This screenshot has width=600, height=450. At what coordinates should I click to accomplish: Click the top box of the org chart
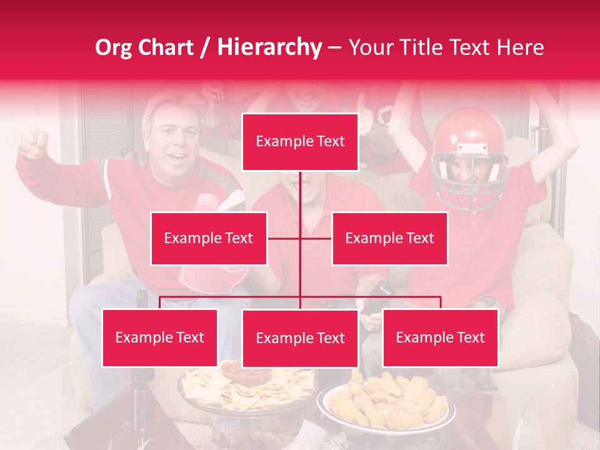point(300,142)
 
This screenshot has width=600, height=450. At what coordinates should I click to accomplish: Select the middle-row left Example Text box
point(209,238)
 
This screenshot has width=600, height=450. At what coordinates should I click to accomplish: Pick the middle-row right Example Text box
point(389,238)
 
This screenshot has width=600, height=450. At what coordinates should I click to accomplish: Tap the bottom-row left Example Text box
point(160,337)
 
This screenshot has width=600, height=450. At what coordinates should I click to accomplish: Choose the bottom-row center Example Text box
point(300,338)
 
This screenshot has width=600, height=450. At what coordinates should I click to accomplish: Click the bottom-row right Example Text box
point(440,337)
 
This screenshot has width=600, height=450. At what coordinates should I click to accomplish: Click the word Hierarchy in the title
point(269,47)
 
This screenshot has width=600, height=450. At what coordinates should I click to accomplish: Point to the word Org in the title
point(114,47)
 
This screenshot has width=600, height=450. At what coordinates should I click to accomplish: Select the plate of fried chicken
point(386,400)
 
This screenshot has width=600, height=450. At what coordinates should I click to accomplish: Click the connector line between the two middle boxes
point(300,238)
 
